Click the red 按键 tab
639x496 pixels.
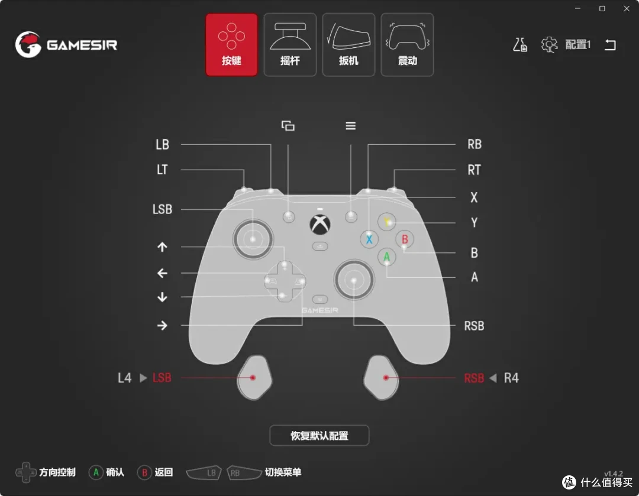pos(231,44)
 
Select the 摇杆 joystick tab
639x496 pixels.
pos(290,44)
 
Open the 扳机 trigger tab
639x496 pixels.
pos(348,44)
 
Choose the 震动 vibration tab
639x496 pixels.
pos(407,44)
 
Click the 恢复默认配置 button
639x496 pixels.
pos(319,436)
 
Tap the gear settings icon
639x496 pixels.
pos(549,44)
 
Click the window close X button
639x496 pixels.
pos(627,8)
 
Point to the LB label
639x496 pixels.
pos(162,145)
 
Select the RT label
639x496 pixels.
pos(475,170)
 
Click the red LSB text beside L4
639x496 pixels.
pos(162,378)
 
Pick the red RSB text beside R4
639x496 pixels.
pos(474,378)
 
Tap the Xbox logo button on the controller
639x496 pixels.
pos(320,225)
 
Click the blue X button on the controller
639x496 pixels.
pos(369,239)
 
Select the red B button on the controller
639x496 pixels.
pos(405,239)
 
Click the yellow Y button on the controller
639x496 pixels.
pos(387,222)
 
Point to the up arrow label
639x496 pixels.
pos(162,247)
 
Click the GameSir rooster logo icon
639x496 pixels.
pos(28,44)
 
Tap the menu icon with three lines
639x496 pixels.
pos(350,126)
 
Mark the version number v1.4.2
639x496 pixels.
pos(614,474)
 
